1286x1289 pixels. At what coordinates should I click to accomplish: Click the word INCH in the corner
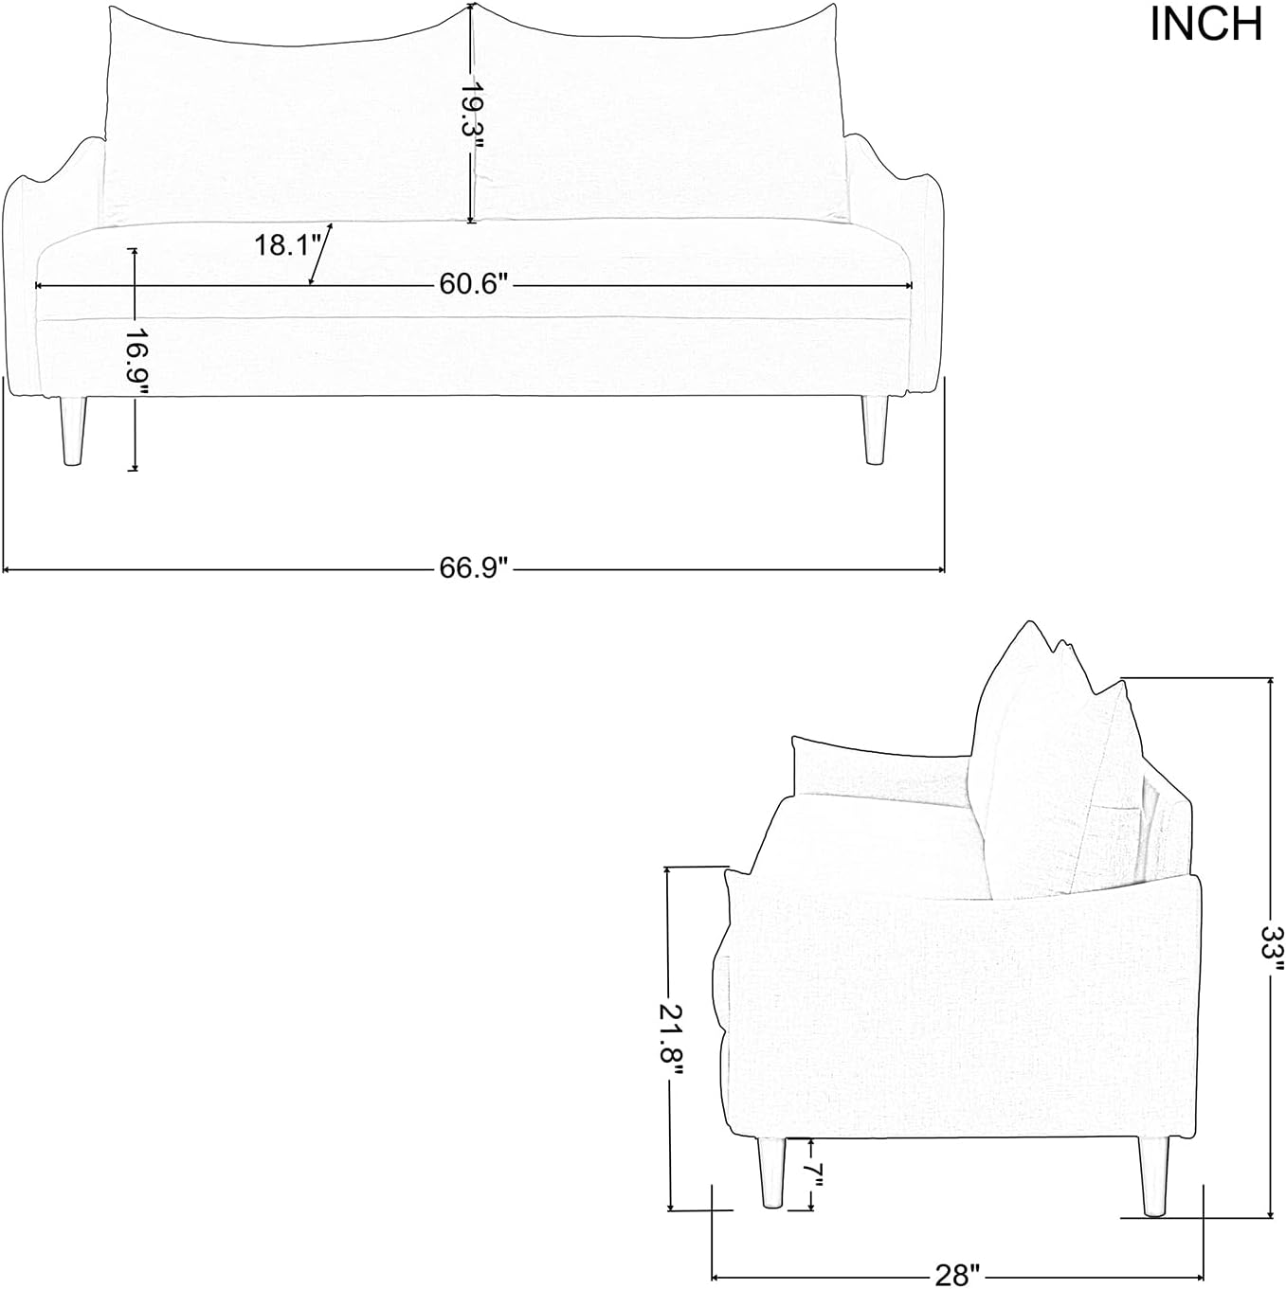tap(1205, 25)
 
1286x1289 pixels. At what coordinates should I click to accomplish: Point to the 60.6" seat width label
tap(471, 285)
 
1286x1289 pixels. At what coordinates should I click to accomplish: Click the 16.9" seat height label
tap(138, 362)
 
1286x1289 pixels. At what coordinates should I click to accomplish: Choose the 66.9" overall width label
tap(471, 568)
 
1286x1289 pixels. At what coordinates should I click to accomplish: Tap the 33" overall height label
tap(1273, 951)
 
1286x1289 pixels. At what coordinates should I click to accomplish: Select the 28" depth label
tap(957, 1275)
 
